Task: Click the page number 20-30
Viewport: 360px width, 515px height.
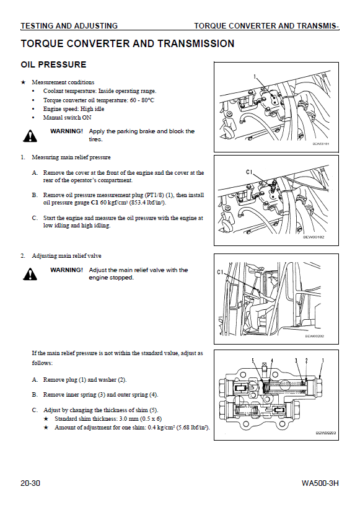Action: [x=30, y=483]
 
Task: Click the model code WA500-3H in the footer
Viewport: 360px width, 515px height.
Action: [x=320, y=483]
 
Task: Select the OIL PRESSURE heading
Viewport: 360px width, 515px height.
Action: [x=53, y=64]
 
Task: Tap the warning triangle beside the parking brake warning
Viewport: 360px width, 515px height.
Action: [x=30, y=136]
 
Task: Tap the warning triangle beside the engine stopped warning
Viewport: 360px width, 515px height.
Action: [x=30, y=274]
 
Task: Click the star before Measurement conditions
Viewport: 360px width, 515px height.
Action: [x=23, y=82]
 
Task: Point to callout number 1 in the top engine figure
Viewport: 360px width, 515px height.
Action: [x=255, y=76]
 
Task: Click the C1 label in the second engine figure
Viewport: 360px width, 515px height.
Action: [x=249, y=172]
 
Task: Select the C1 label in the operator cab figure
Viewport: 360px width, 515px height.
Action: [x=221, y=272]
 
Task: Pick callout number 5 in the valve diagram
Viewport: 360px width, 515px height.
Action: [x=253, y=360]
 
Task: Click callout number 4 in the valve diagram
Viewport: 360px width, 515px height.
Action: [x=271, y=360]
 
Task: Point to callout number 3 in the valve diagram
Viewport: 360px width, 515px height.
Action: [x=296, y=360]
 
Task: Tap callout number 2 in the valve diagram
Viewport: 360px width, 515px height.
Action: [x=307, y=360]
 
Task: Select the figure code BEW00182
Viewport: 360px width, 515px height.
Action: [x=314, y=237]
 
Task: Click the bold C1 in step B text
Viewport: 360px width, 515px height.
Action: [x=95, y=203]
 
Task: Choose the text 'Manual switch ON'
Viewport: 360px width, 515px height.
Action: [x=68, y=118]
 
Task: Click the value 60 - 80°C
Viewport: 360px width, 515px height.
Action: [x=142, y=100]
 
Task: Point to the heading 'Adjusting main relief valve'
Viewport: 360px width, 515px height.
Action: [x=67, y=256]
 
